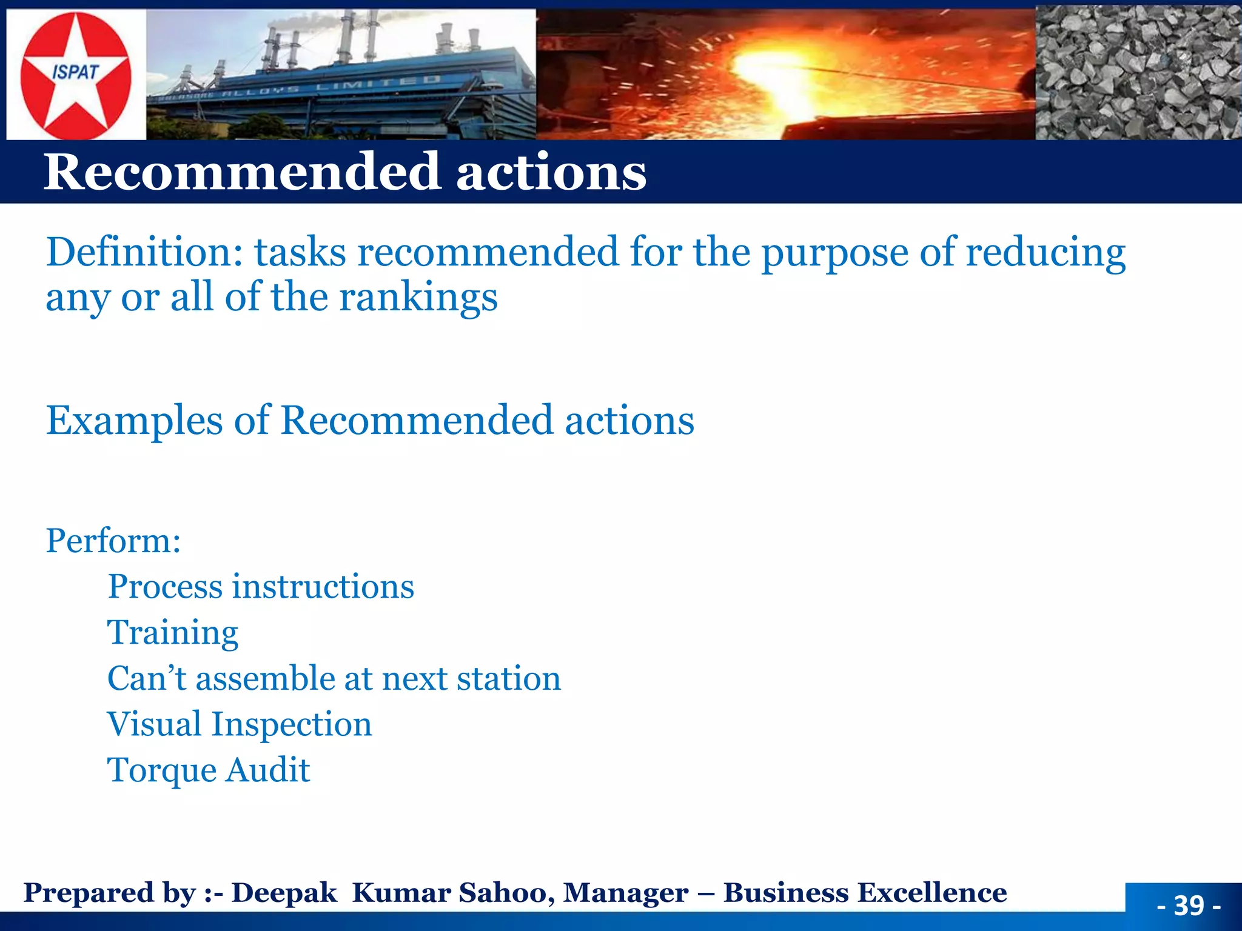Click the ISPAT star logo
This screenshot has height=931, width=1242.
75,74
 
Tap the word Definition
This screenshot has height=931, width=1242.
144,252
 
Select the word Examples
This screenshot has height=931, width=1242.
134,421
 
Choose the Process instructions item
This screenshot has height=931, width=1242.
261,587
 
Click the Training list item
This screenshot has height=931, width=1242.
173,633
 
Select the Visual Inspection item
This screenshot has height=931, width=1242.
240,724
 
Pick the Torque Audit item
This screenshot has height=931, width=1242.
209,770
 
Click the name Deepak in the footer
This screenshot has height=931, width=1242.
284,893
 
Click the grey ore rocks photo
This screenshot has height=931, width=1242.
1138,73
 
